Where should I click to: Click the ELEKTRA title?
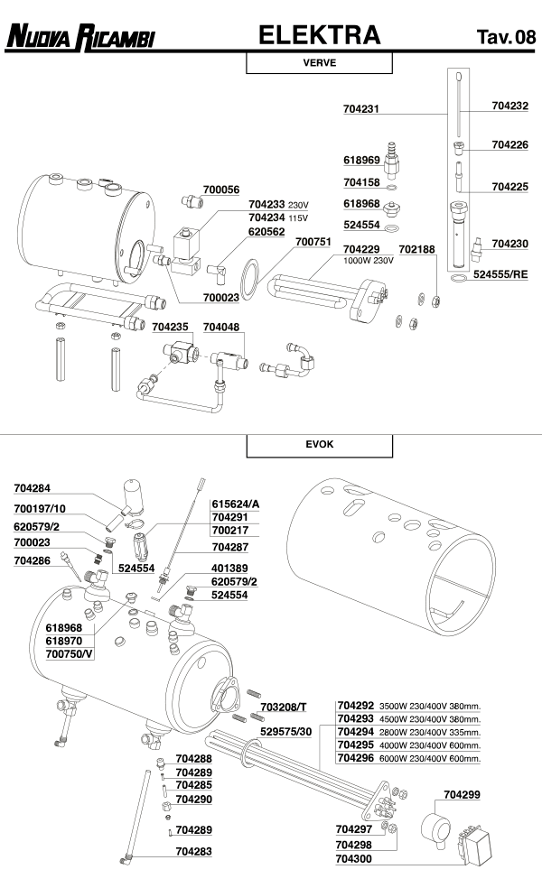pos(319,35)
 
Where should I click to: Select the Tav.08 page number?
pos(505,37)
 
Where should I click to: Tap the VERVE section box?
pos(319,63)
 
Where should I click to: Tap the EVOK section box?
pos(319,446)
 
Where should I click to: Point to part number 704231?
pos(362,109)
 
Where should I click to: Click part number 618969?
pos(361,160)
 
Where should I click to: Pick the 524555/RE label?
pos(500,272)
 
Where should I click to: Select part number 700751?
pos(314,241)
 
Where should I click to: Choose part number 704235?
pos(170,328)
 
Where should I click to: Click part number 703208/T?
pos(282,705)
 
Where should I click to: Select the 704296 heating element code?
pos(355,759)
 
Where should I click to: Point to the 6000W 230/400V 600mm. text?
pos(430,760)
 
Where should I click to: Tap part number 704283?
pos(194,851)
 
